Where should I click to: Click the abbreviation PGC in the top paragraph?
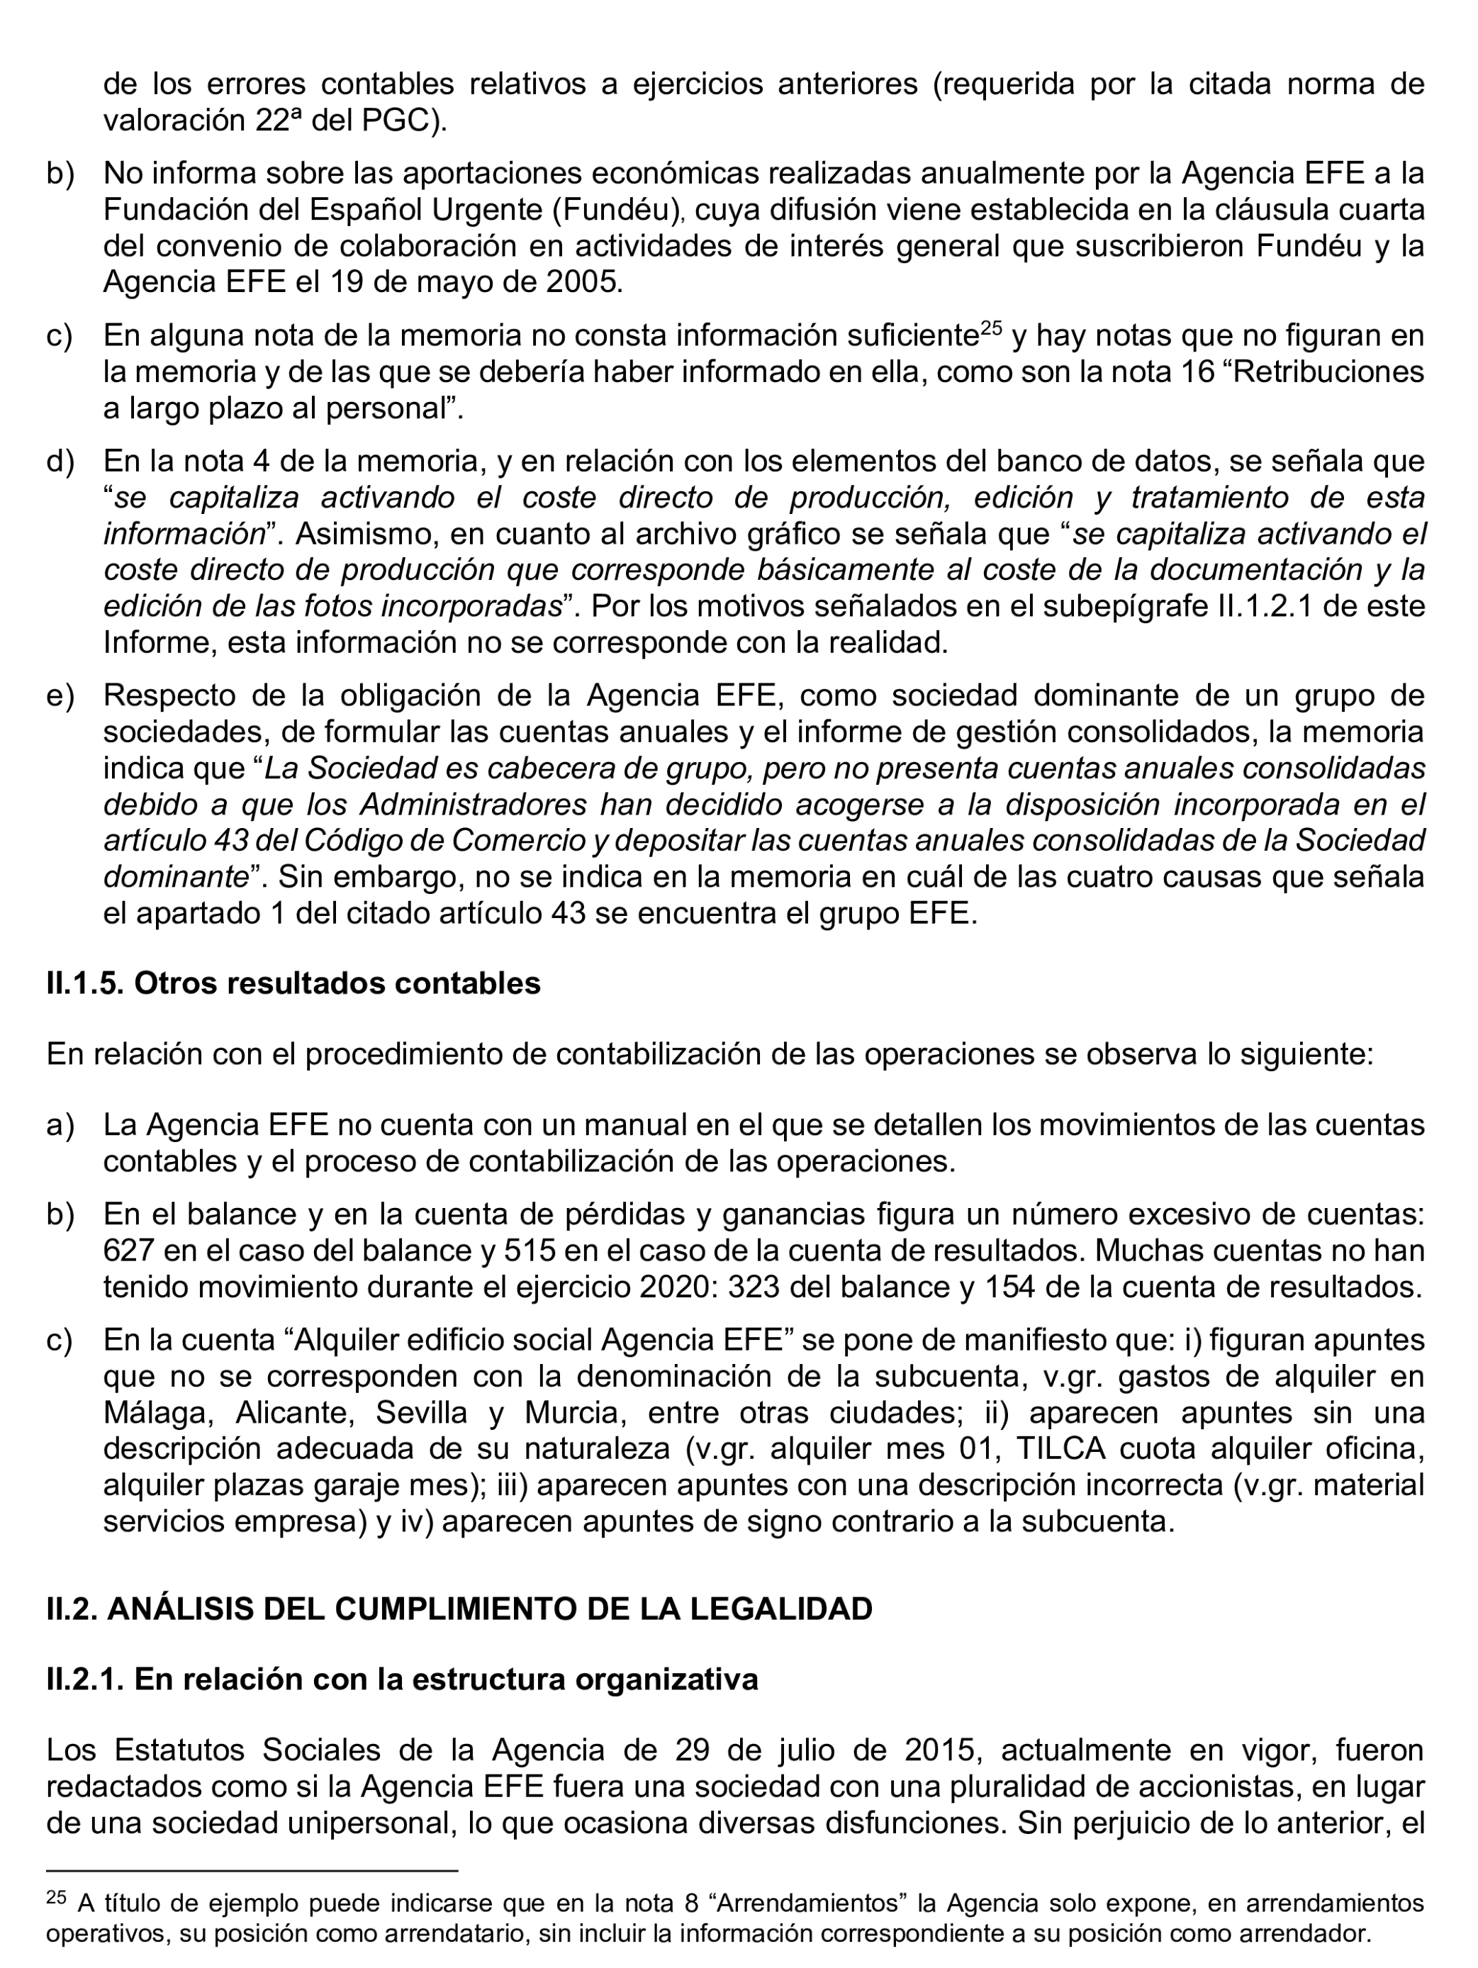point(398,121)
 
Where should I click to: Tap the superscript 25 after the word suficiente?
point(990,328)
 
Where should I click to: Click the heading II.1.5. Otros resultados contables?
point(293,983)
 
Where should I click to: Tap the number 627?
point(129,1250)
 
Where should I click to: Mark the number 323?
point(754,1287)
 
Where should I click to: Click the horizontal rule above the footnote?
point(252,1871)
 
